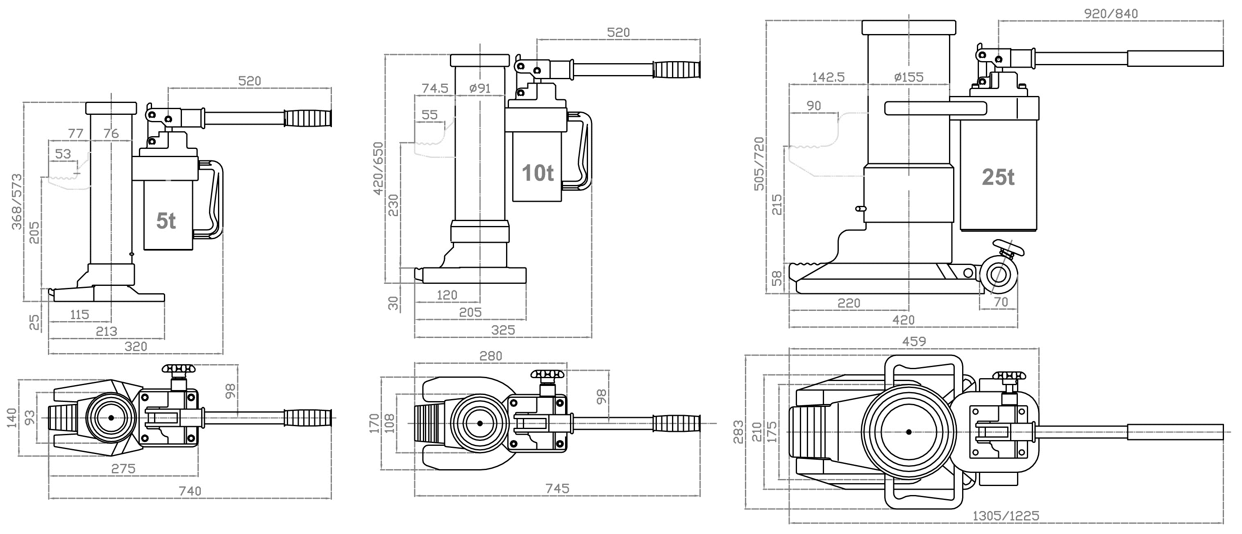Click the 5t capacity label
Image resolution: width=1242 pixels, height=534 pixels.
[166, 221]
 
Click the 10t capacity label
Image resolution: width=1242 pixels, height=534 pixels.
[538, 173]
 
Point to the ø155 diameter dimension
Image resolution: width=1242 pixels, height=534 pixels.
[908, 77]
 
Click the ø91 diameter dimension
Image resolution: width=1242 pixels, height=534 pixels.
[479, 88]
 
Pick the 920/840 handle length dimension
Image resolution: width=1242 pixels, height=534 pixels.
[1110, 14]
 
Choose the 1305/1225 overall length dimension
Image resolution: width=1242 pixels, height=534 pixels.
[1005, 516]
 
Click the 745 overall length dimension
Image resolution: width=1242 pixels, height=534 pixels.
[557, 488]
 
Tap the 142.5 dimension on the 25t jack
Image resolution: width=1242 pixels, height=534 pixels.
[828, 77]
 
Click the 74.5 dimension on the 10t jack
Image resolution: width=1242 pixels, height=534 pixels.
[435, 88]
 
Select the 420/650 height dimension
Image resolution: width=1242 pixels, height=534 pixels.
[379, 168]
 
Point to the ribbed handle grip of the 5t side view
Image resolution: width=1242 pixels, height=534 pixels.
[308, 118]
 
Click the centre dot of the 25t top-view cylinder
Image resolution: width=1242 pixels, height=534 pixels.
[908, 432]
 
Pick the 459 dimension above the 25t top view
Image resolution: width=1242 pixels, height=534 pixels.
[914, 342]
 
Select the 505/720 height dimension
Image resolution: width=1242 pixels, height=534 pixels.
[759, 164]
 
